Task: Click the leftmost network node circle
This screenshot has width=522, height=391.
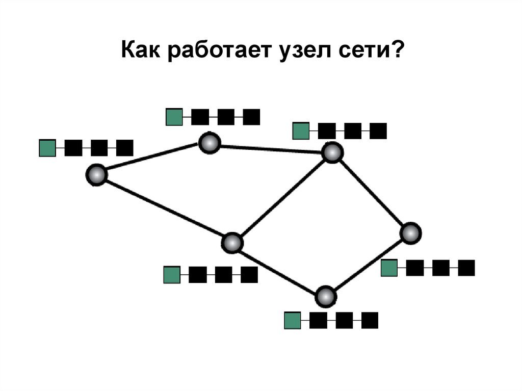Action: [x=96, y=175]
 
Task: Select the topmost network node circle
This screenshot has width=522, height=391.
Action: [x=209, y=143]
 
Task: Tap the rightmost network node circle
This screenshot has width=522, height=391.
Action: [x=410, y=233]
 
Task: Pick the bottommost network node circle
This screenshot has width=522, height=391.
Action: [x=326, y=296]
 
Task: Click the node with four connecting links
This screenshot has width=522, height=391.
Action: [x=232, y=243]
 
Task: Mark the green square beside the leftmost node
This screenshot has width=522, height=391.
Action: [x=47, y=148]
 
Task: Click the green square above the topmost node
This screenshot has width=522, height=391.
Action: [x=174, y=117]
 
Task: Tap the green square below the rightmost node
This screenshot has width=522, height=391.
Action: [x=389, y=268]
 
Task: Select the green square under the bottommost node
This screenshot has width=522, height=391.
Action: [x=293, y=320]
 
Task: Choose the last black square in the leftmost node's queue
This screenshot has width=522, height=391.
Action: [x=125, y=148]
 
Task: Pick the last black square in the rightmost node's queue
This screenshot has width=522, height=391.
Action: [x=466, y=268]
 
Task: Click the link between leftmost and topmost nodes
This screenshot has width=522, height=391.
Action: [x=152, y=159]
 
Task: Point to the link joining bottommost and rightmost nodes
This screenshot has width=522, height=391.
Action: [x=368, y=265]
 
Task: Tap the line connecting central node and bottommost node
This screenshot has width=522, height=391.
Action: [x=279, y=269]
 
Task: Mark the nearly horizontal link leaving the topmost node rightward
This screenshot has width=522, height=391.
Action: [x=270, y=148]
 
